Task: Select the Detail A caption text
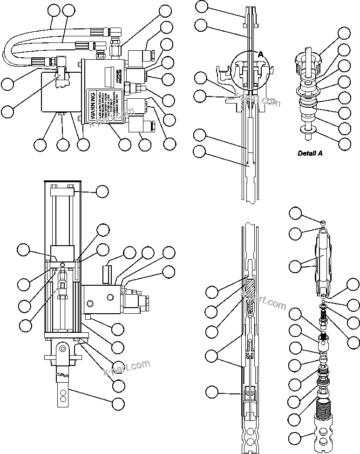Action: tap(310, 153)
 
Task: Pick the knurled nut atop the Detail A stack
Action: tap(306, 63)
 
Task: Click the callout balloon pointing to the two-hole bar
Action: tap(119, 404)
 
